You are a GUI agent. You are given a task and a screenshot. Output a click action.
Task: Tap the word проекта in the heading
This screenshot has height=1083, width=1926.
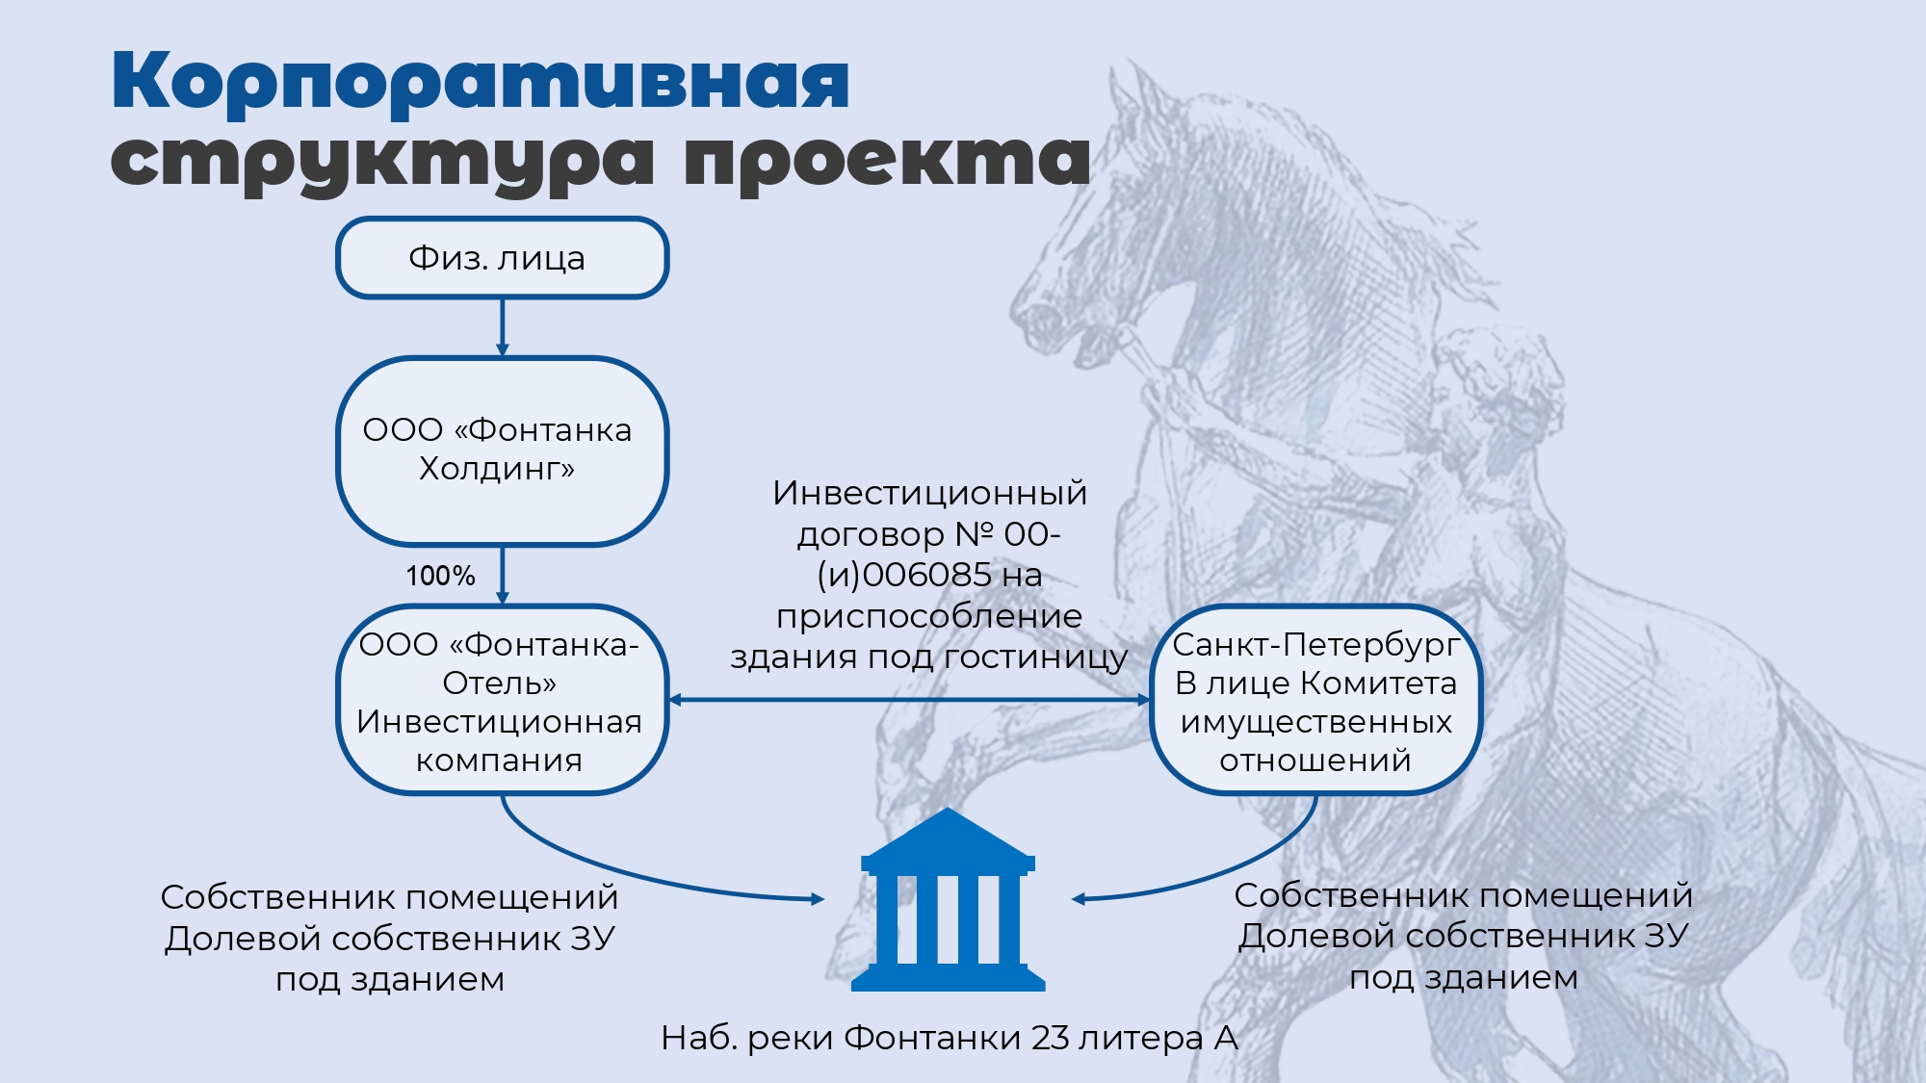(887, 158)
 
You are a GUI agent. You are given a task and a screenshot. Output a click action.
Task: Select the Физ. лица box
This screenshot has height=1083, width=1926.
(502, 258)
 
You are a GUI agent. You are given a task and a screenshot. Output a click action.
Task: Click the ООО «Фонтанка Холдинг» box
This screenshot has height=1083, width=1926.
(502, 451)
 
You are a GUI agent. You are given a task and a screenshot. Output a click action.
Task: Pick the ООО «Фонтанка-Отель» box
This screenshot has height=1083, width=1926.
(502, 700)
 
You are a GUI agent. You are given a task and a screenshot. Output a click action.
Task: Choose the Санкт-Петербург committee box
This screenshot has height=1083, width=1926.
(1315, 700)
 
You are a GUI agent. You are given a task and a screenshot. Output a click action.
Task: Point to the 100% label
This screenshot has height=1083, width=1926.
(440, 576)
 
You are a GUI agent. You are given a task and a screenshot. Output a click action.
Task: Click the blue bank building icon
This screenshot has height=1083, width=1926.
(949, 899)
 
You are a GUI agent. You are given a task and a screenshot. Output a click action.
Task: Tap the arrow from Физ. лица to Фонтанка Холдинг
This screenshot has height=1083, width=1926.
(502, 327)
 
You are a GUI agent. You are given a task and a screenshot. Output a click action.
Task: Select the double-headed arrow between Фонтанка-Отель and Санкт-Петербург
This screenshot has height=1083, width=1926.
(909, 700)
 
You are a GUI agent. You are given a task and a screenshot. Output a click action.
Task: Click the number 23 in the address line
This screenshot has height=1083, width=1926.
(1050, 1038)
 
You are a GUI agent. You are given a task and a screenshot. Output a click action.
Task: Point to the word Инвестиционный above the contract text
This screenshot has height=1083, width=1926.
(929, 493)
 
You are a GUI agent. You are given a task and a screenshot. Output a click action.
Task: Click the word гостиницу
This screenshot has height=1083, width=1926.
(1035, 658)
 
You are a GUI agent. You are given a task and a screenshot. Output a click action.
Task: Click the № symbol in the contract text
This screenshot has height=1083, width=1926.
(974, 534)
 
